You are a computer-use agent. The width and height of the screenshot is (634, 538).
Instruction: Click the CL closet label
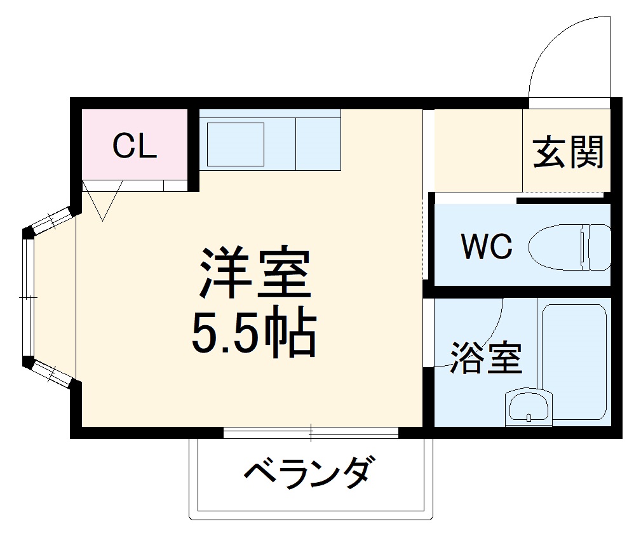[x=134, y=147]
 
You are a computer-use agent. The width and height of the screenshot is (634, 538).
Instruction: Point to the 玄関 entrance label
[x=567, y=153]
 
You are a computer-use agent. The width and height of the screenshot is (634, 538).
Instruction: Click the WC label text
[x=487, y=246]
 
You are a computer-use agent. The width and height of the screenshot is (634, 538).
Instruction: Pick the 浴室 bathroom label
[x=486, y=358]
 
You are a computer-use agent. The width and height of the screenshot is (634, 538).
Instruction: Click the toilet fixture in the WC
[x=569, y=246]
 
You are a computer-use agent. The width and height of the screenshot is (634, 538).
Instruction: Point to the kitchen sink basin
[x=235, y=144]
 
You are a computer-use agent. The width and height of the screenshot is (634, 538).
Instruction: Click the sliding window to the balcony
[x=311, y=433]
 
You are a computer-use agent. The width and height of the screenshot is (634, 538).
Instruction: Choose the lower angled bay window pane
[x=51, y=373]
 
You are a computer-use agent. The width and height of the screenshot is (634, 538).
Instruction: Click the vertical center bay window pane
[x=27, y=297]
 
